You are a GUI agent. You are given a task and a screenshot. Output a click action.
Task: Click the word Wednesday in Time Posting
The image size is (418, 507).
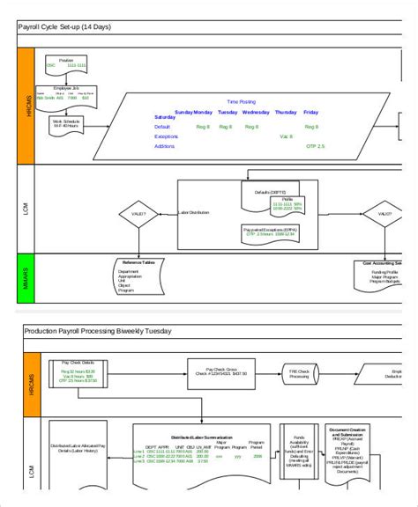tap(256, 113)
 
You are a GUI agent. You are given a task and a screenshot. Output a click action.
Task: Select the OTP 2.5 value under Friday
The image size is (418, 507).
tap(315, 145)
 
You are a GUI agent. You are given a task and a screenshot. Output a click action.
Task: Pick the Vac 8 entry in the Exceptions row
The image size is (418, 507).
tap(286, 136)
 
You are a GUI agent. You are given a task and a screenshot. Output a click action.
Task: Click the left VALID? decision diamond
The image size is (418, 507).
tap(138, 213)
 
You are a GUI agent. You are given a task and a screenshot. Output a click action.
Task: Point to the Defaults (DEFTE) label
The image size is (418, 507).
tap(270, 192)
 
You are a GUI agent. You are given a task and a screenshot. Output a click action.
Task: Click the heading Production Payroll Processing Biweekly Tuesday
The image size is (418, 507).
tap(97, 331)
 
